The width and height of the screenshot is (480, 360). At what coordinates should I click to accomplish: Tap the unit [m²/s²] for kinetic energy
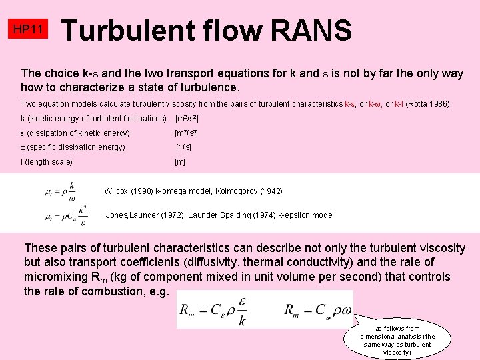pyautogui.click(x=187, y=119)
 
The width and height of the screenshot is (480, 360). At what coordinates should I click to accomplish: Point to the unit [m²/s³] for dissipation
pyautogui.click(x=187, y=133)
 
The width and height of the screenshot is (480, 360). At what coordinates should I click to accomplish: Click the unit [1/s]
pyautogui.click(x=183, y=147)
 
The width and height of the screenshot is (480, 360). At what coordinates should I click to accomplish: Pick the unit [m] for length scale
pyautogui.click(x=180, y=162)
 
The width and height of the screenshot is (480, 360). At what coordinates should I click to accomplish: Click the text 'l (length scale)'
pyautogui.click(x=47, y=162)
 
